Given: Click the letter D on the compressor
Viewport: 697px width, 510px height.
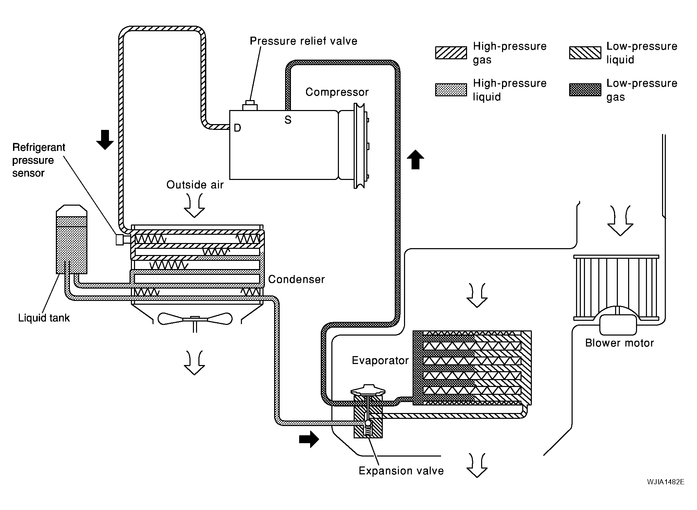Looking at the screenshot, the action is pos(237,128).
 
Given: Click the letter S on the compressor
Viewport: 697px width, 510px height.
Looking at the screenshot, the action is pos(288,120).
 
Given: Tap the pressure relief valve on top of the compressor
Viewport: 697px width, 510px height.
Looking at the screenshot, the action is pos(250,106).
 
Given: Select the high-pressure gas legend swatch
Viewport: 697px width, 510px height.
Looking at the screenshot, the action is pos(451,53).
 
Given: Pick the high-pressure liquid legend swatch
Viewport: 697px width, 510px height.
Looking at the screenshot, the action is pos(451,90).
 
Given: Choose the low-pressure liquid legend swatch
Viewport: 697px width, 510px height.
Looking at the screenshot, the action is pos(585,53).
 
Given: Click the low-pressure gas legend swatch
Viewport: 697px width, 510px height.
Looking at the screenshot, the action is pos(585,90).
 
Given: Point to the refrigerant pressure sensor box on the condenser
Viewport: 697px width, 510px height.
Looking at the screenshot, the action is pos(120,240).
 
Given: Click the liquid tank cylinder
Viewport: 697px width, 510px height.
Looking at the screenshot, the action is pos(71,240).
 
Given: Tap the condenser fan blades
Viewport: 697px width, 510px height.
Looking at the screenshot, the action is pos(195,319).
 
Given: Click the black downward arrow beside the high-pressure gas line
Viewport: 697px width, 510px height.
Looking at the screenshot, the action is pos(105,140).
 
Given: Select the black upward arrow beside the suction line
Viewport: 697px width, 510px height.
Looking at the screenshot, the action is pos(415,159).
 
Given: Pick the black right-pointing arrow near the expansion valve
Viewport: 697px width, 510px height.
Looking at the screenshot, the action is pos(309,439).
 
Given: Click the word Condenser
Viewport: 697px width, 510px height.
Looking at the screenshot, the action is pos(296,279).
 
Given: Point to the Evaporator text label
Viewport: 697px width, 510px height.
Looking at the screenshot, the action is pos(380,360).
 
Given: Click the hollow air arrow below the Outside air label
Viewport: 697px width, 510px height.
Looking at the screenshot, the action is pos(194,206).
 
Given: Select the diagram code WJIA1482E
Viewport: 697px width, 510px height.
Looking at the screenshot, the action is pos(666,482).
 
